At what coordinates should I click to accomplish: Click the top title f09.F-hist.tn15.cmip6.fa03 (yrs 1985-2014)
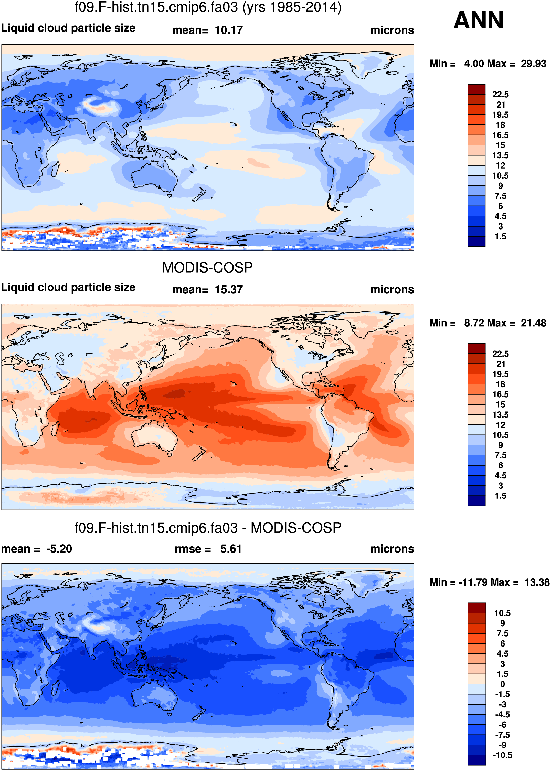click(x=208, y=7)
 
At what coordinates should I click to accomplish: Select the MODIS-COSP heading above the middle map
click(x=207, y=268)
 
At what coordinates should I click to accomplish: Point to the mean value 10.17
click(x=229, y=30)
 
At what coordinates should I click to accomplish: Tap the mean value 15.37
click(x=229, y=289)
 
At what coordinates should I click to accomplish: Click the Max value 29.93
click(x=533, y=64)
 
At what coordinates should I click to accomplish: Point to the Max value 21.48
click(x=533, y=323)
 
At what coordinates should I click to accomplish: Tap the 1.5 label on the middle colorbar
click(x=501, y=496)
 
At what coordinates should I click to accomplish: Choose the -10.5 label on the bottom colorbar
click(x=502, y=755)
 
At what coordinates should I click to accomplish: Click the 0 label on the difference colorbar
click(x=503, y=684)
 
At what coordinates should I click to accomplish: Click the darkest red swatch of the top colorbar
click(x=476, y=89)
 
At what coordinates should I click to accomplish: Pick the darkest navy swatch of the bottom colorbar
click(x=476, y=760)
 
